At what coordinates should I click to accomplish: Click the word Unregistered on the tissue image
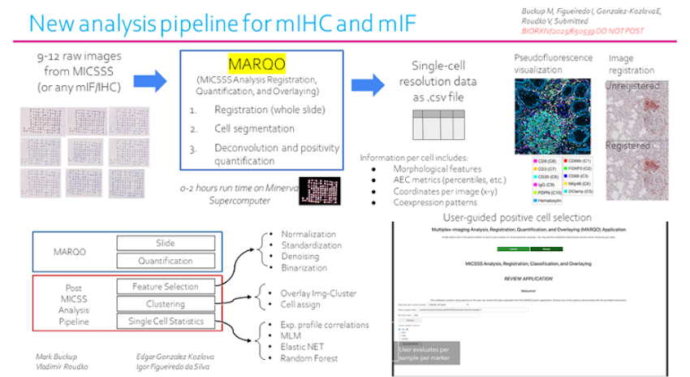pos(636,84)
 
